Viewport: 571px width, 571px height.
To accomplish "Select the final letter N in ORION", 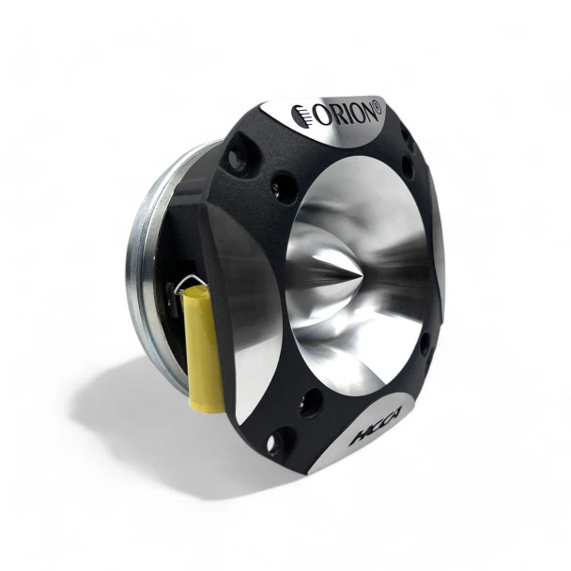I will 365,111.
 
